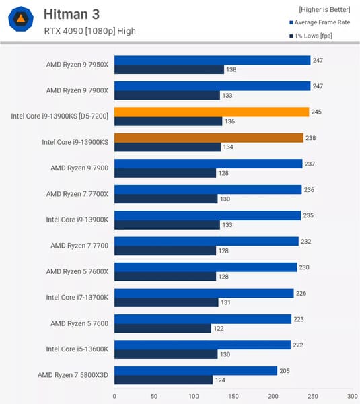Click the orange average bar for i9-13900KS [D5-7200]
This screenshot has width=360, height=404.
(211, 112)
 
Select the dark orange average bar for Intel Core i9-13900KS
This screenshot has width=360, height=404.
(209, 138)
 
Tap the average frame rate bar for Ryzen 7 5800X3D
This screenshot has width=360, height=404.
(195, 370)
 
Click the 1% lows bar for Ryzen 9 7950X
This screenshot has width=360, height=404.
(169, 69)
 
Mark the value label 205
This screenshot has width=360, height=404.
(285, 370)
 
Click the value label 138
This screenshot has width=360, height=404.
(232, 69)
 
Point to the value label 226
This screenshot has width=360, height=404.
(302, 293)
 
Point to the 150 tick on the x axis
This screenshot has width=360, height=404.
(233, 396)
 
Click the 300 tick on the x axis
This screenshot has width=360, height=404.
(353, 396)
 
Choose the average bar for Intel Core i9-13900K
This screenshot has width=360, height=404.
(207, 215)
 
